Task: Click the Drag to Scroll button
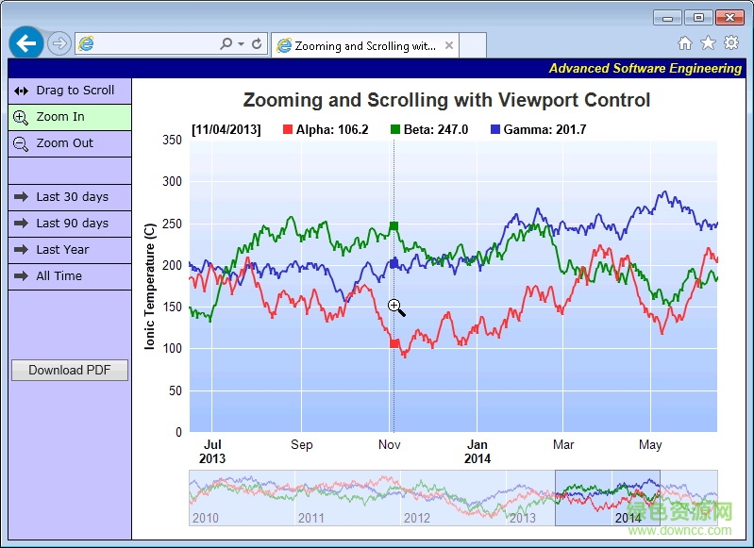point(69,91)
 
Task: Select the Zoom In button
point(69,117)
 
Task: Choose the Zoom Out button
point(69,143)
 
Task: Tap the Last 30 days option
point(69,197)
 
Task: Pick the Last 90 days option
point(69,224)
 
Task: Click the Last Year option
point(69,250)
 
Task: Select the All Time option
point(69,276)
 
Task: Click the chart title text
point(446,101)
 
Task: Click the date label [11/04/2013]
point(226,129)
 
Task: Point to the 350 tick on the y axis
point(172,141)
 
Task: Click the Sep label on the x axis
point(302,444)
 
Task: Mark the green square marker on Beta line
point(394,226)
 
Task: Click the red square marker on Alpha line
point(394,343)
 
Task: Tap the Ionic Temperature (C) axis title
point(150,287)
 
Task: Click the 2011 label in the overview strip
point(310,518)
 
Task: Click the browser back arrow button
point(26,42)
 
